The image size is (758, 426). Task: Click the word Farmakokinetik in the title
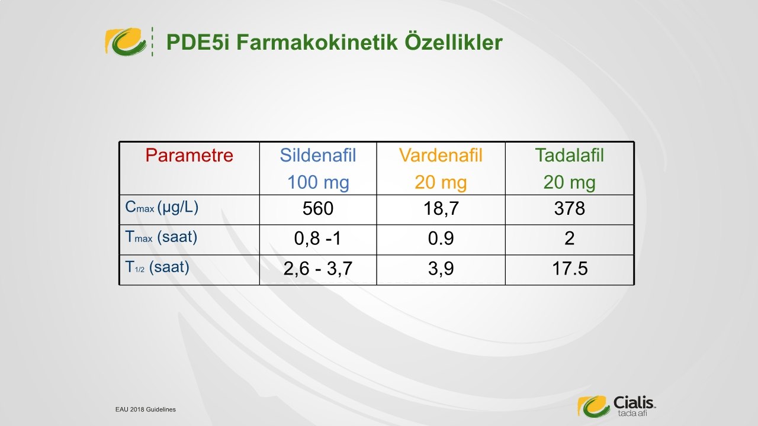tap(317, 42)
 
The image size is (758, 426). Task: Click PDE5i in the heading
tap(198, 42)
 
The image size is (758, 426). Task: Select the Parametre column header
tap(189, 156)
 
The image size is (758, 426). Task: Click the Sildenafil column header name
tap(318, 156)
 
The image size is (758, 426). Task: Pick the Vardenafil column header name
tap(441, 156)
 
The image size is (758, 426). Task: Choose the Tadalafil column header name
tap(570, 156)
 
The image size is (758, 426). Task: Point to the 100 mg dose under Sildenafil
tap(318, 183)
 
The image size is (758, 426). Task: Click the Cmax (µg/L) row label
tap(162, 207)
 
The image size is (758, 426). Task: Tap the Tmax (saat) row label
tap(161, 237)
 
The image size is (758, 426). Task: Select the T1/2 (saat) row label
tap(157, 267)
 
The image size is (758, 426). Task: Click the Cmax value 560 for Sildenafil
tap(318, 208)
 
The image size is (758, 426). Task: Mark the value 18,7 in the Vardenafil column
tap(441, 209)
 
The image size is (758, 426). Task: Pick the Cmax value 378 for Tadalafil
tap(570, 208)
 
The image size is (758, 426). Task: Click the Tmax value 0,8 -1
tap(318, 238)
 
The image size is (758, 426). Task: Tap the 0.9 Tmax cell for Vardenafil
tap(441, 238)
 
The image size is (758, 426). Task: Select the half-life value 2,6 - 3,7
tap(318, 269)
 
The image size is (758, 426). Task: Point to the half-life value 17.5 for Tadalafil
tap(570, 269)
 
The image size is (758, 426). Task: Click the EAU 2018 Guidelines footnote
tap(146, 409)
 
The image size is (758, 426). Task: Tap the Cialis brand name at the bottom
tap(634, 402)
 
